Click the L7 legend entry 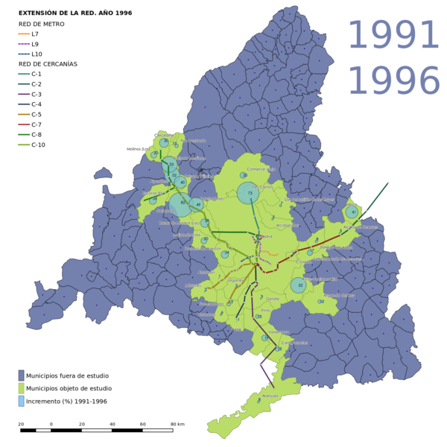pyautogui.click(x=35, y=34)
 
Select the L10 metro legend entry pyautogui.click(x=37, y=54)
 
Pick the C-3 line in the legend pyautogui.click(x=37, y=95)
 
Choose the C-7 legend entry pyautogui.click(x=37, y=124)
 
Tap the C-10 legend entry pyautogui.click(x=38, y=145)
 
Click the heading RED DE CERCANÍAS pyautogui.click(x=48, y=64)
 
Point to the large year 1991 pyautogui.click(x=393, y=36)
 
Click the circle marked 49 pyautogui.click(x=197, y=204)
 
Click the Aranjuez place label pyautogui.click(x=270, y=396)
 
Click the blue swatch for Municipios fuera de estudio pyautogui.click(x=21, y=375)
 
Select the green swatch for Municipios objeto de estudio pyautogui.click(x=21, y=388)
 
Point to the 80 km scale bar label pyautogui.click(x=177, y=424)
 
